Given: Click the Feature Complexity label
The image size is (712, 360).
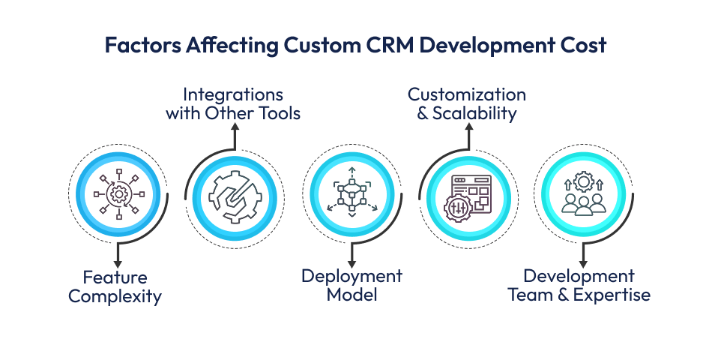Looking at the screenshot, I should point(115,286).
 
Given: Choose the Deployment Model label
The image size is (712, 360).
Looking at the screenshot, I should point(352,285).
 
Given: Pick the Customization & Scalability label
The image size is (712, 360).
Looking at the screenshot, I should point(467,104).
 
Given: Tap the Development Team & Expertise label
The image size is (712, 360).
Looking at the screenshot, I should point(579,285).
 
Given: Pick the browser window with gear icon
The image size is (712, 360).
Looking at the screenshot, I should point(468,196).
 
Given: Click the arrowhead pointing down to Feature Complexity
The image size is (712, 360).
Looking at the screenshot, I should point(118,262).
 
